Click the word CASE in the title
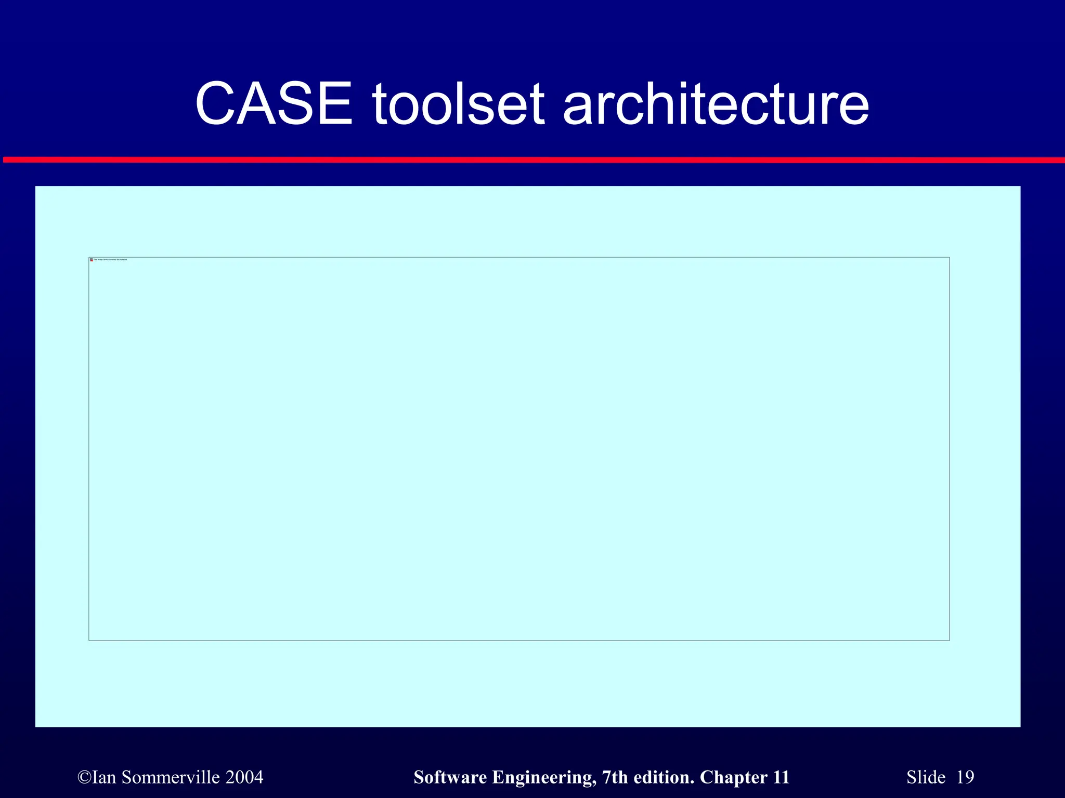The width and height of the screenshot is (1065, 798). (274, 104)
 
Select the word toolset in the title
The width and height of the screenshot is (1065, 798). (458, 104)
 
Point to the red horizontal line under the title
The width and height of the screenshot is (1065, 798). (532, 160)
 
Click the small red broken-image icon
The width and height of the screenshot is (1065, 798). (92, 260)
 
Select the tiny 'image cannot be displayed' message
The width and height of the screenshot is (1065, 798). (110, 260)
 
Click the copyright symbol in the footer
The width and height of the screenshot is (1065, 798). (84, 777)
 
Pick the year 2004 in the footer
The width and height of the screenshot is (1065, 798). (244, 777)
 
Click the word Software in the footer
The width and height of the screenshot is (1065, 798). (450, 777)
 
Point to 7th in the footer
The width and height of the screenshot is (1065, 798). (615, 777)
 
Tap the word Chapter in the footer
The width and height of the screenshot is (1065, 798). (733, 777)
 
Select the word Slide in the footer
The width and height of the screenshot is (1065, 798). (926, 777)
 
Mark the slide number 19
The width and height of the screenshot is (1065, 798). (965, 777)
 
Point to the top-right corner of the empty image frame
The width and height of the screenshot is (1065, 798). (949, 258)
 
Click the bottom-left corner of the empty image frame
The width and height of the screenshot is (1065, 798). (89, 640)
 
